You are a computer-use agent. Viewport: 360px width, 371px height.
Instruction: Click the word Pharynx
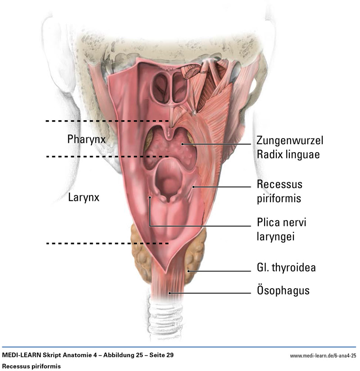pyautogui.click(x=86, y=140)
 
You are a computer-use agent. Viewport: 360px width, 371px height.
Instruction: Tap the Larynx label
pyautogui.click(x=84, y=198)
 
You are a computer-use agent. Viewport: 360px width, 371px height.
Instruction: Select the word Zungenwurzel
pyautogui.click(x=290, y=141)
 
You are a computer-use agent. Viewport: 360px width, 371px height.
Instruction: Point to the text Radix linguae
pyautogui.click(x=288, y=154)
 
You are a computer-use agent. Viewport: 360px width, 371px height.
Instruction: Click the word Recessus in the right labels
pyautogui.click(x=279, y=184)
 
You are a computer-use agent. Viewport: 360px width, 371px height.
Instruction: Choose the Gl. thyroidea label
pyautogui.click(x=286, y=267)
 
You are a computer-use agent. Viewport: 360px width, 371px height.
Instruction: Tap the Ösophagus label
pyautogui.click(x=283, y=290)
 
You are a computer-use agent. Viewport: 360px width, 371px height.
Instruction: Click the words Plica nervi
pyautogui.click(x=281, y=222)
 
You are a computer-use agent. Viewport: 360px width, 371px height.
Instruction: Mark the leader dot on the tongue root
pyautogui.click(x=182, y=144)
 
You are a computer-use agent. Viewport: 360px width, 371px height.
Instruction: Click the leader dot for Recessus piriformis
pyautogui.click(x=193, y=187)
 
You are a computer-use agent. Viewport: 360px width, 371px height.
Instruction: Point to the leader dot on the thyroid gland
pyautogui.click(x=189, y=271)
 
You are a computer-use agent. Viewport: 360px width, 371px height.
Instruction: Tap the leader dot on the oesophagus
pyautogui.click(x=170, y=293)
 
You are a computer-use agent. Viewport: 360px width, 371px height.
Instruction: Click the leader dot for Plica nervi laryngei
pyautogui.click(x=150, y=197)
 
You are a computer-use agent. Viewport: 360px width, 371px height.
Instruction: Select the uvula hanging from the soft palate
pyautogui.click(x=169, y=134)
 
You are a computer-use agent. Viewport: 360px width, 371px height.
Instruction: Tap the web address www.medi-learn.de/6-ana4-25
pyautogui.click(x=323, y=356)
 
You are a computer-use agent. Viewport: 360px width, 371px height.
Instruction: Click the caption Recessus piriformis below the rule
pyautogui.click(x=31, y=366)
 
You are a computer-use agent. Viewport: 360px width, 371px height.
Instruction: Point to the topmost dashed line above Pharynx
pyautogui.click(x=107, y=121)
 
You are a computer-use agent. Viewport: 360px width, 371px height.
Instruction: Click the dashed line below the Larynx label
pyautogui.click(x=108, y=243)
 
